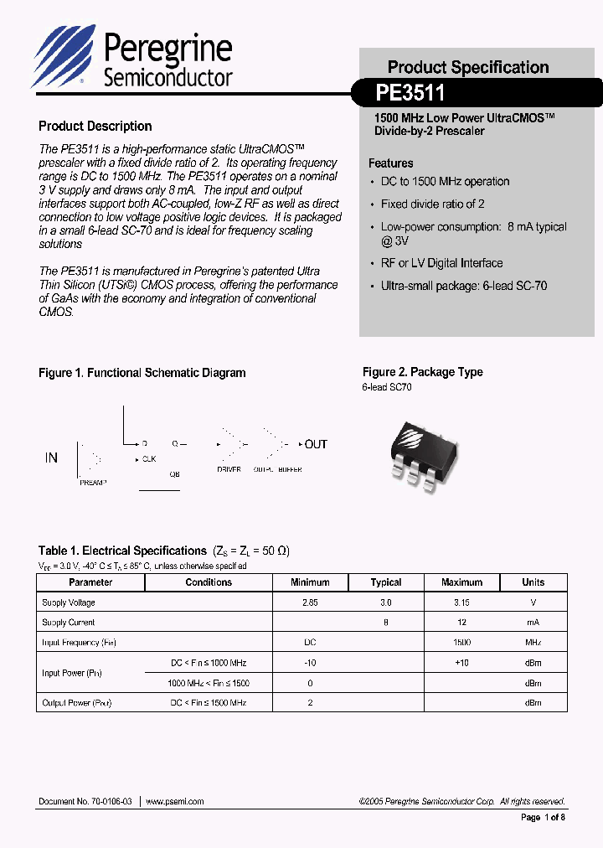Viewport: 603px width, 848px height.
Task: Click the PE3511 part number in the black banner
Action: pyautogui.click(x=410, y=91)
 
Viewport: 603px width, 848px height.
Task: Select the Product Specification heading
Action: pyautogui.click(x=468, y=67)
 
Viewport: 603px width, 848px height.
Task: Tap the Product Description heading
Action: pyautogui.click(x=95, y=127)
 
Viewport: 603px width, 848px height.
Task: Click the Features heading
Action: pyautogui.click(x=391, y=163)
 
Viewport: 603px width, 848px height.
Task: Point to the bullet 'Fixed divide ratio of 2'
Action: pyautogui.click(x=432, y=204)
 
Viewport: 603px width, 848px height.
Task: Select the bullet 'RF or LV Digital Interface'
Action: pyautogui.click(x=441, y=263)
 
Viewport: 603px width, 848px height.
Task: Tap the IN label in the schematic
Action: pyautogui.click(x=51, y=458)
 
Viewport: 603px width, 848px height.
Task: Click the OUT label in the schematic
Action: pyautogui.click(x=316, y=444)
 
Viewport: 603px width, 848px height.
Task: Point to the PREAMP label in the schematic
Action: pyautogui.click(x=92, y=483)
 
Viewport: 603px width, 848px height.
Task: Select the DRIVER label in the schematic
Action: pyautogui.click(x=229, y=469)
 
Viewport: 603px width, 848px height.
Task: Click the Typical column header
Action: pyautogui.click(x=386, y=582)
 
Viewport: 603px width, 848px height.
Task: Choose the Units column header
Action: pyautogui.click(x=533, y=582)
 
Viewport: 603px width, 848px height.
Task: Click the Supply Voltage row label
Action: pyautogui.click(x=69, y=602)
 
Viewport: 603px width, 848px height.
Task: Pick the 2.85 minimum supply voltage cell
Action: pyautogui.click(x=310, y=602)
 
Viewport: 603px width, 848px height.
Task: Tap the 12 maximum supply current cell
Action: pyautogui.click(x=461, y=623)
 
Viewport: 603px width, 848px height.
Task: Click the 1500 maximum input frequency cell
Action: pyautogui.click(x=461, y=643)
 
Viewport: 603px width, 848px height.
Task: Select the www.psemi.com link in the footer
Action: pyautogui.click(x=175, y=802)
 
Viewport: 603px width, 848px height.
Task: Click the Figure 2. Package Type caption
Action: pyautogui.click(x=422, y=372)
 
